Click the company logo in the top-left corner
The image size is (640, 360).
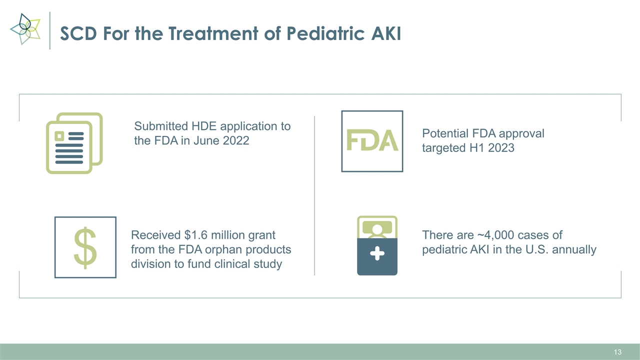(x=25, y=29)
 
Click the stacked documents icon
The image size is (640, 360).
(x=74, y=143)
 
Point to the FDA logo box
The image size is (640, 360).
(x=372, y=141)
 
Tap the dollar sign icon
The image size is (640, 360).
(x=85, y=247)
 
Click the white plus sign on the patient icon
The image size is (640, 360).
(x=377, y=255)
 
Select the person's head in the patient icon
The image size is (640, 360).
(x=377, y=229)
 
